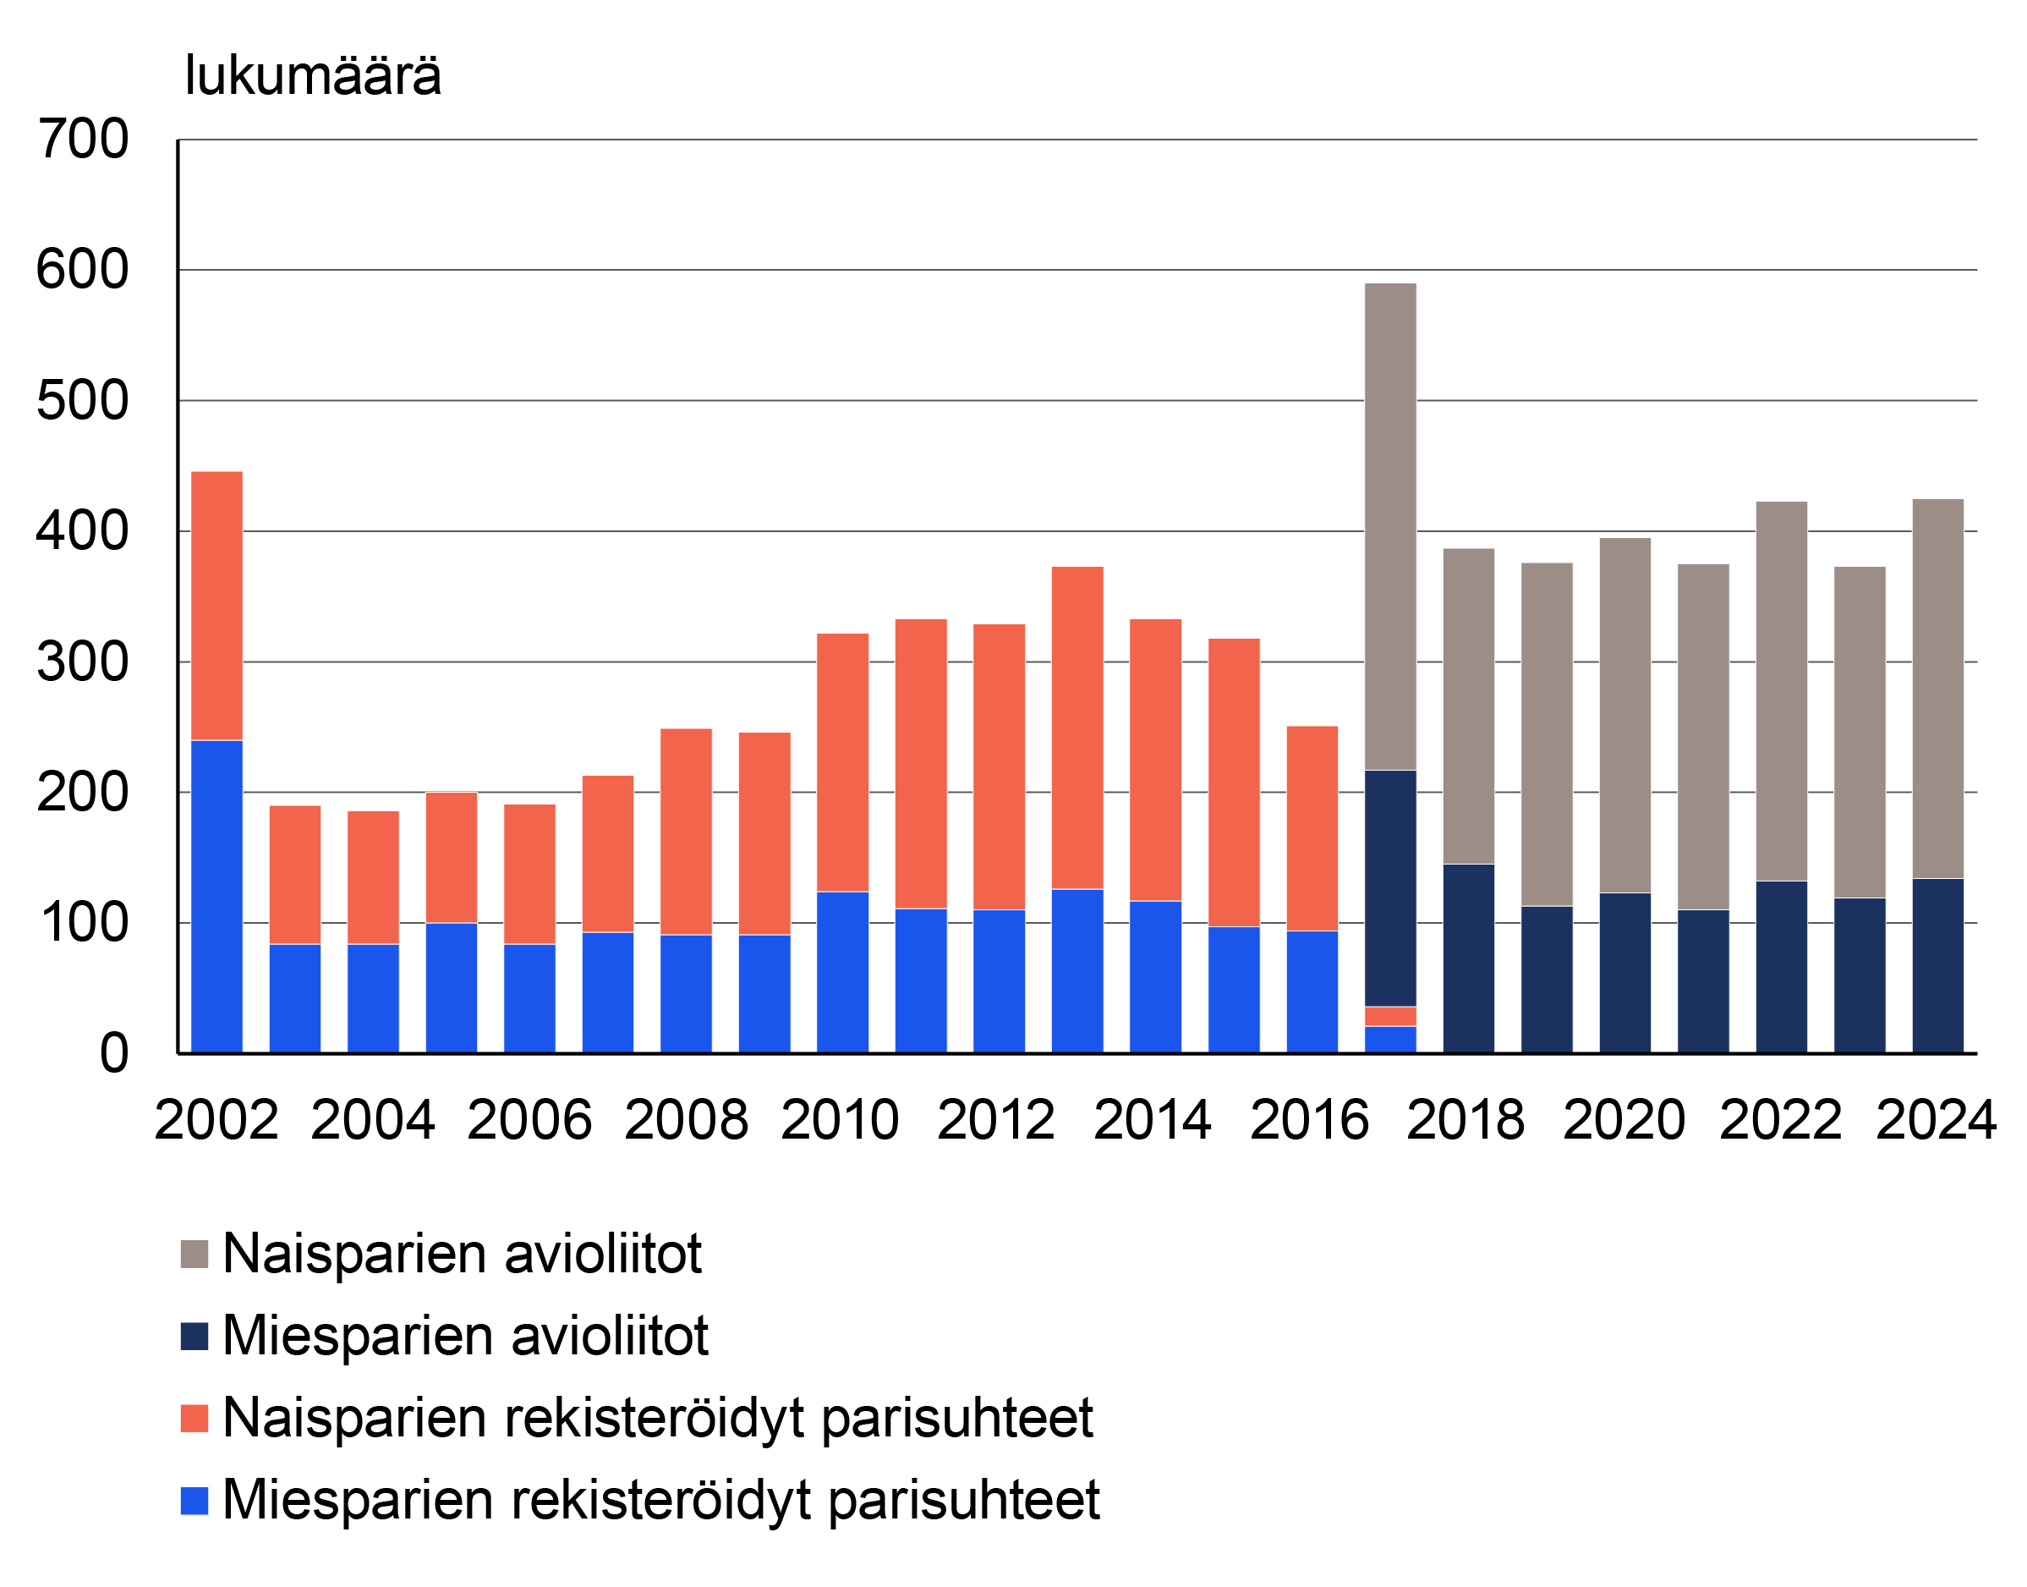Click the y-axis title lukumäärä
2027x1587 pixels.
click(312, 75)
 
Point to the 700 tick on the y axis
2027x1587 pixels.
click(83, 140)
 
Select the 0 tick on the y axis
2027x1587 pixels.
click(113, 1055)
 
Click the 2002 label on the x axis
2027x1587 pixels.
click(216, 1120)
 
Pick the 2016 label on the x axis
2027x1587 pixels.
click(1309, 1120)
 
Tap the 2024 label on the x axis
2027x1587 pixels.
click(1936, 1120)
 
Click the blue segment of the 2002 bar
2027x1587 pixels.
click(216, 897)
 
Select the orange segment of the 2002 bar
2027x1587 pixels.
click(216, 606)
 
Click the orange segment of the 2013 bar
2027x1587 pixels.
click(1077, 728)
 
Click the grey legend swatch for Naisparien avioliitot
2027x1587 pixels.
click(194, 1254)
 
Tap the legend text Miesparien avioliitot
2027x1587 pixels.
click(465, 1336)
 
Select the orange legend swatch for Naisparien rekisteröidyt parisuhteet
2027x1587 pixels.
click(194, 1419)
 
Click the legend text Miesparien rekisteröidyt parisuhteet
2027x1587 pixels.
click(660, 1500)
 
